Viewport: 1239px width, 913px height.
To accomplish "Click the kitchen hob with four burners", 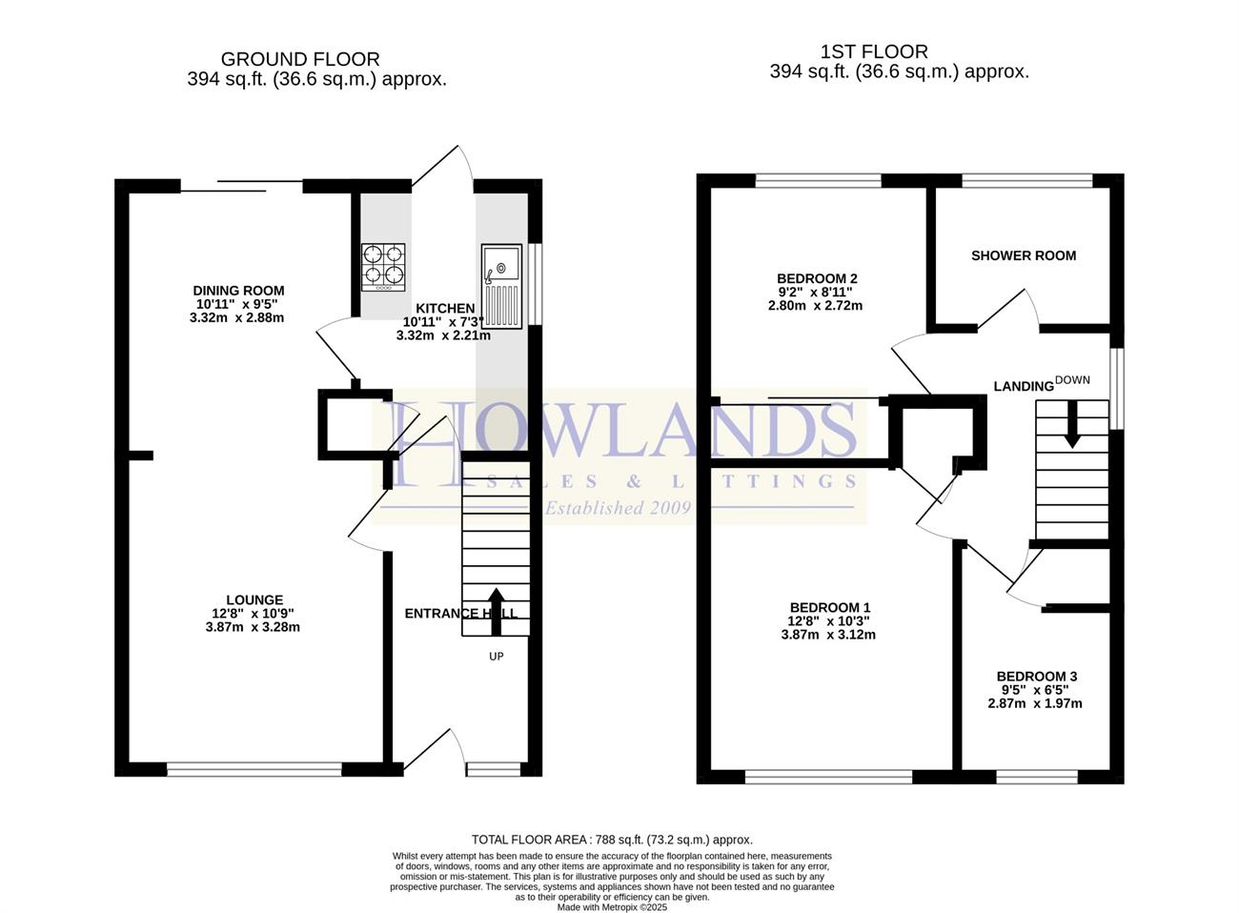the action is [383, 268].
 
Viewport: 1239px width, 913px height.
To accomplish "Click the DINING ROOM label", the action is [238, 291].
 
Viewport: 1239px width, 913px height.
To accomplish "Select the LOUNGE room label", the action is [254, 600].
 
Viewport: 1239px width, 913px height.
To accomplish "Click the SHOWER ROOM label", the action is [1024, 255].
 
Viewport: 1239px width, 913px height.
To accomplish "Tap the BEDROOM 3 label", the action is [1037, 677].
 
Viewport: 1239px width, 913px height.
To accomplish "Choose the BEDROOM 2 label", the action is [817, 278].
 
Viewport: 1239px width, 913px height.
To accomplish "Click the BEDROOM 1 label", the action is [830, 608].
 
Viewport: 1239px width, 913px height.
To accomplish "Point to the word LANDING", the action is [1024, 387].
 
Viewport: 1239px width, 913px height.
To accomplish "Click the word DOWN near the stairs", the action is [1072, 380].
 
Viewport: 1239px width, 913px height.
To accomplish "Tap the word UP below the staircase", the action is [497, 657].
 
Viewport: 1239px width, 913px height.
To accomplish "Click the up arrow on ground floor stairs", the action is [497, 611].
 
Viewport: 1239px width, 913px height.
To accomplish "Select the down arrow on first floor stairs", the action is [1072, 423].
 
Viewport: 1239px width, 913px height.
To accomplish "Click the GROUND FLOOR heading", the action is [300, 59].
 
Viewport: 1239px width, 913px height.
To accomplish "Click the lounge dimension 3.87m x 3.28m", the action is [253, 627].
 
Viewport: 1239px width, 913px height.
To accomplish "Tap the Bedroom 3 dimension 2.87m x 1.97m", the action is [1035, 703].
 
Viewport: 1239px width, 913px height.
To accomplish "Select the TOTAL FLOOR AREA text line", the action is [612, 840].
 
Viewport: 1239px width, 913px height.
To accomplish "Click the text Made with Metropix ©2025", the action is [612, 907].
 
